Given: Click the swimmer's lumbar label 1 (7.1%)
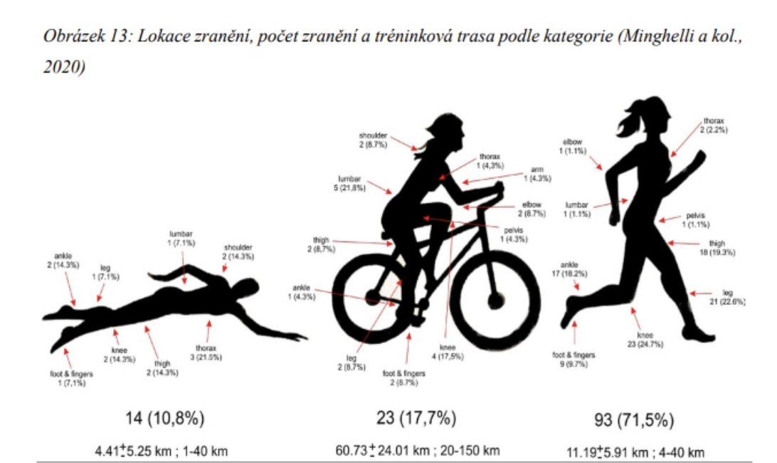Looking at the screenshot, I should (x=181, y=239).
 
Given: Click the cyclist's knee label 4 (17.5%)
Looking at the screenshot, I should (x=447, y=352).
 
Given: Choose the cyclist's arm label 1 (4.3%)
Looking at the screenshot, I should (x=541, y=174).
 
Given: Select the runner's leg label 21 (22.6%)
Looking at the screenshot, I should (x=727, y=297).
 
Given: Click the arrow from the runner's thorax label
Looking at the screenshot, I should (x=684, y=140).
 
